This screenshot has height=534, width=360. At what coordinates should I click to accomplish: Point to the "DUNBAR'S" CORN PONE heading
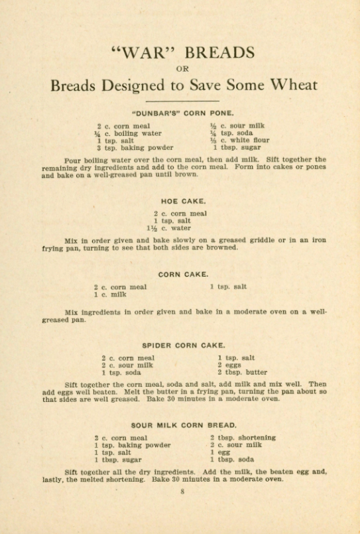pyautogui.click(x=180, y=113)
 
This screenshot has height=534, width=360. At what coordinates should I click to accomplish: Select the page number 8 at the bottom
pyautogui.click(x=181, y=492)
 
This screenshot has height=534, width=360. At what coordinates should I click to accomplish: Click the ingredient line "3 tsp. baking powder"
pyautogui.click(x=135, y=148)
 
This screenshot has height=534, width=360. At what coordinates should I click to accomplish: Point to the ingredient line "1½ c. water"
pyautogui.click(x=170, y=228)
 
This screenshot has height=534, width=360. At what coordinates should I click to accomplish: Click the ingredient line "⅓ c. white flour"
pyautogui.click(x=239, y=141)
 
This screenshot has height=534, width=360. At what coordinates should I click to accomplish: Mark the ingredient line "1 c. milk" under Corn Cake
pyautogui.click(x=110, y=295)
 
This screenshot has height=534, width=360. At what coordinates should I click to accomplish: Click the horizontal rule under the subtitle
pyautogui.click(x=180, y=101)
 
